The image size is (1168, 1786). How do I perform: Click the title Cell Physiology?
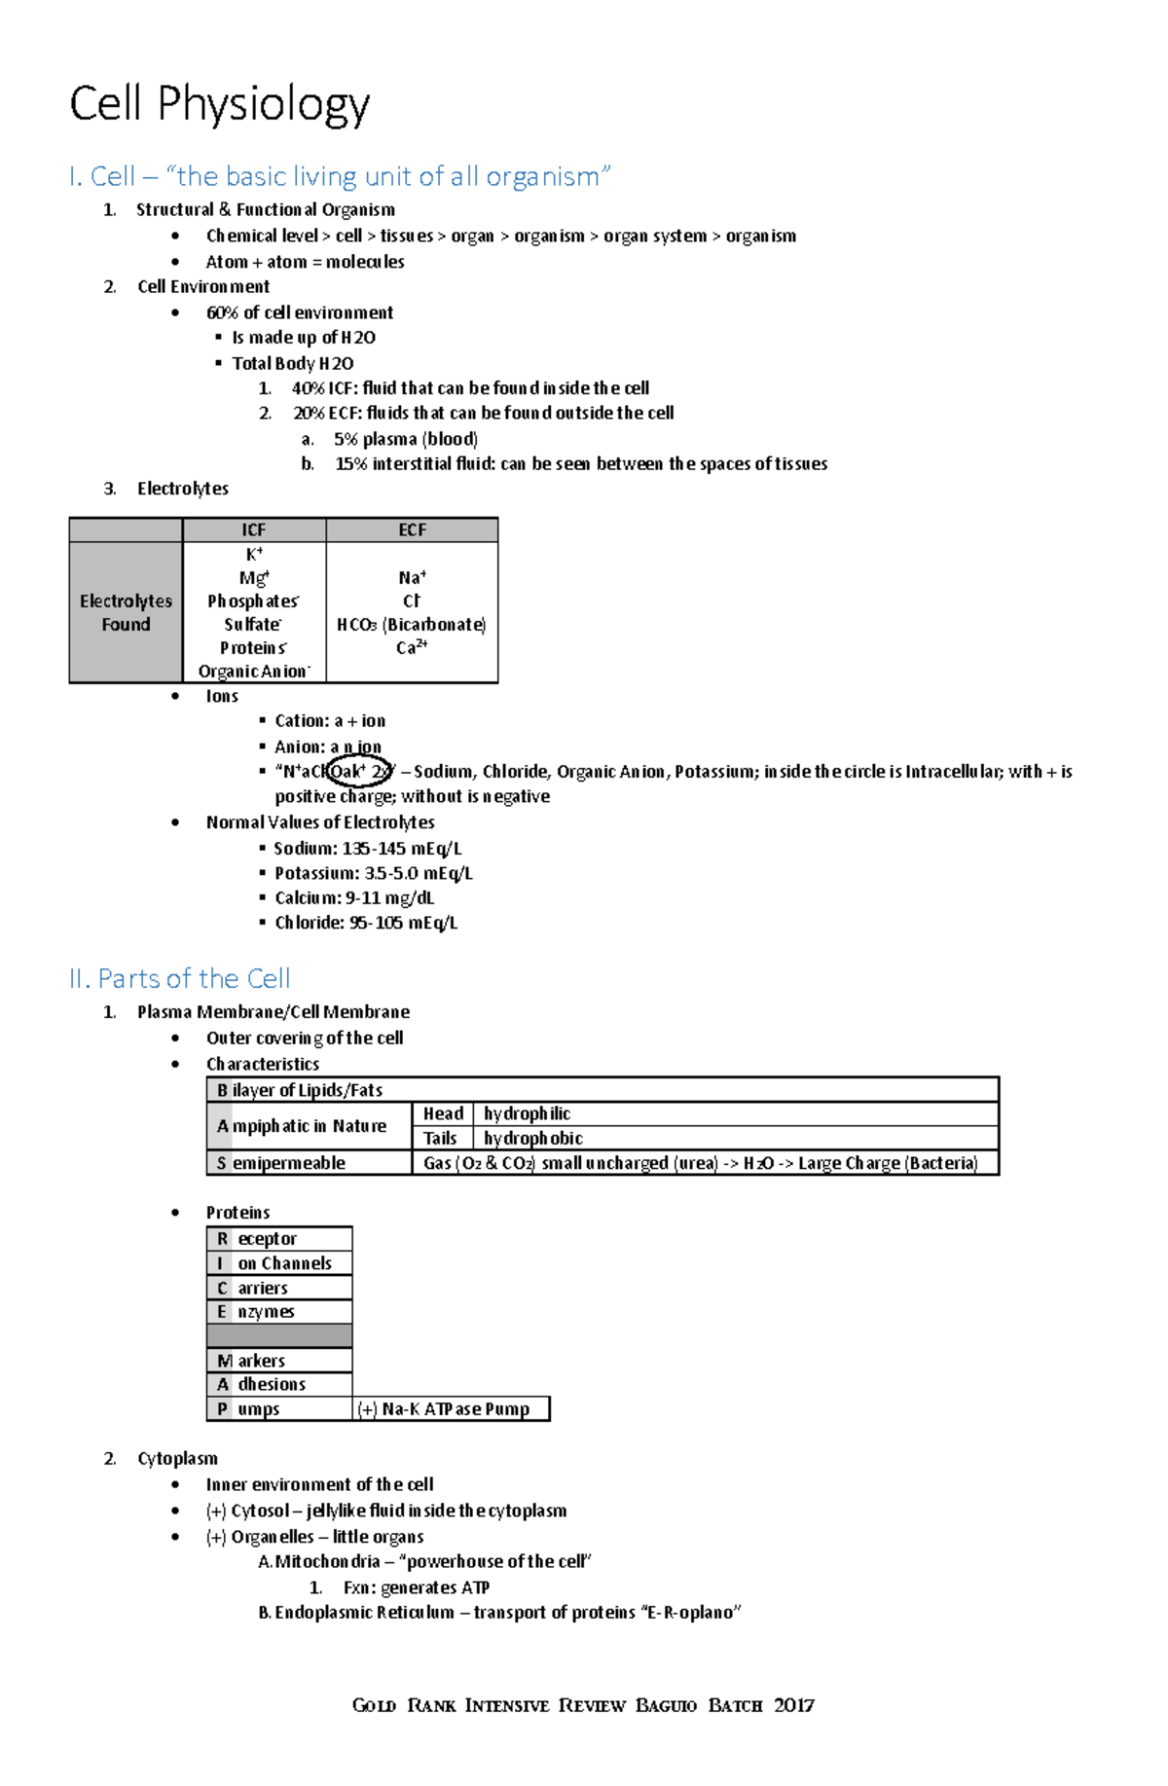point(219,104)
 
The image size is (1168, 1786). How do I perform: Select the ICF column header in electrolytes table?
point(254,529)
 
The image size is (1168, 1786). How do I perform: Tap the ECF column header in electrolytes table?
point(412,529)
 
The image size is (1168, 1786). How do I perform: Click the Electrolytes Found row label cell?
point(126,612)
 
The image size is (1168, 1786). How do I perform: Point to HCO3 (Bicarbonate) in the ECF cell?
point(411,624)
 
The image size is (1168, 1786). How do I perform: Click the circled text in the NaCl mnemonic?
point(359,771)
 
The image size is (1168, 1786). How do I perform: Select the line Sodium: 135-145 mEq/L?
point(367,848)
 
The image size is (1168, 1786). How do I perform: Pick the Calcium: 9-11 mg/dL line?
point(353,897)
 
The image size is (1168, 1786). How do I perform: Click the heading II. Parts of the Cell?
point(180,978)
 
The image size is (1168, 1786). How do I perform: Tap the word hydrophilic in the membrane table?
point(527,1113)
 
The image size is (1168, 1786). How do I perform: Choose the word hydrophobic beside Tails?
point(532,1138)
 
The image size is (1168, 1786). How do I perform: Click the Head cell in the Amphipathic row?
point(443,1113)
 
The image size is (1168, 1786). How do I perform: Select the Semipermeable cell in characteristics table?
point(309,1162)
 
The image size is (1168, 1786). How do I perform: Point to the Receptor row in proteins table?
point(279,1238)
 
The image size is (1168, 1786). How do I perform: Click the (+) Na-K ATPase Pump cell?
point(451,1408)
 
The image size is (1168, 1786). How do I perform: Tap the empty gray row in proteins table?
point(279,1335)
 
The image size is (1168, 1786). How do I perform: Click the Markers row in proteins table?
point(279,1360)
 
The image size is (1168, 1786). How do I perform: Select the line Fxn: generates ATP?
point(416,1587)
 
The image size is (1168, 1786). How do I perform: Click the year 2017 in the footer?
point(794,1704)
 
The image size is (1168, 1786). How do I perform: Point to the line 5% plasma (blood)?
point(405,439)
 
